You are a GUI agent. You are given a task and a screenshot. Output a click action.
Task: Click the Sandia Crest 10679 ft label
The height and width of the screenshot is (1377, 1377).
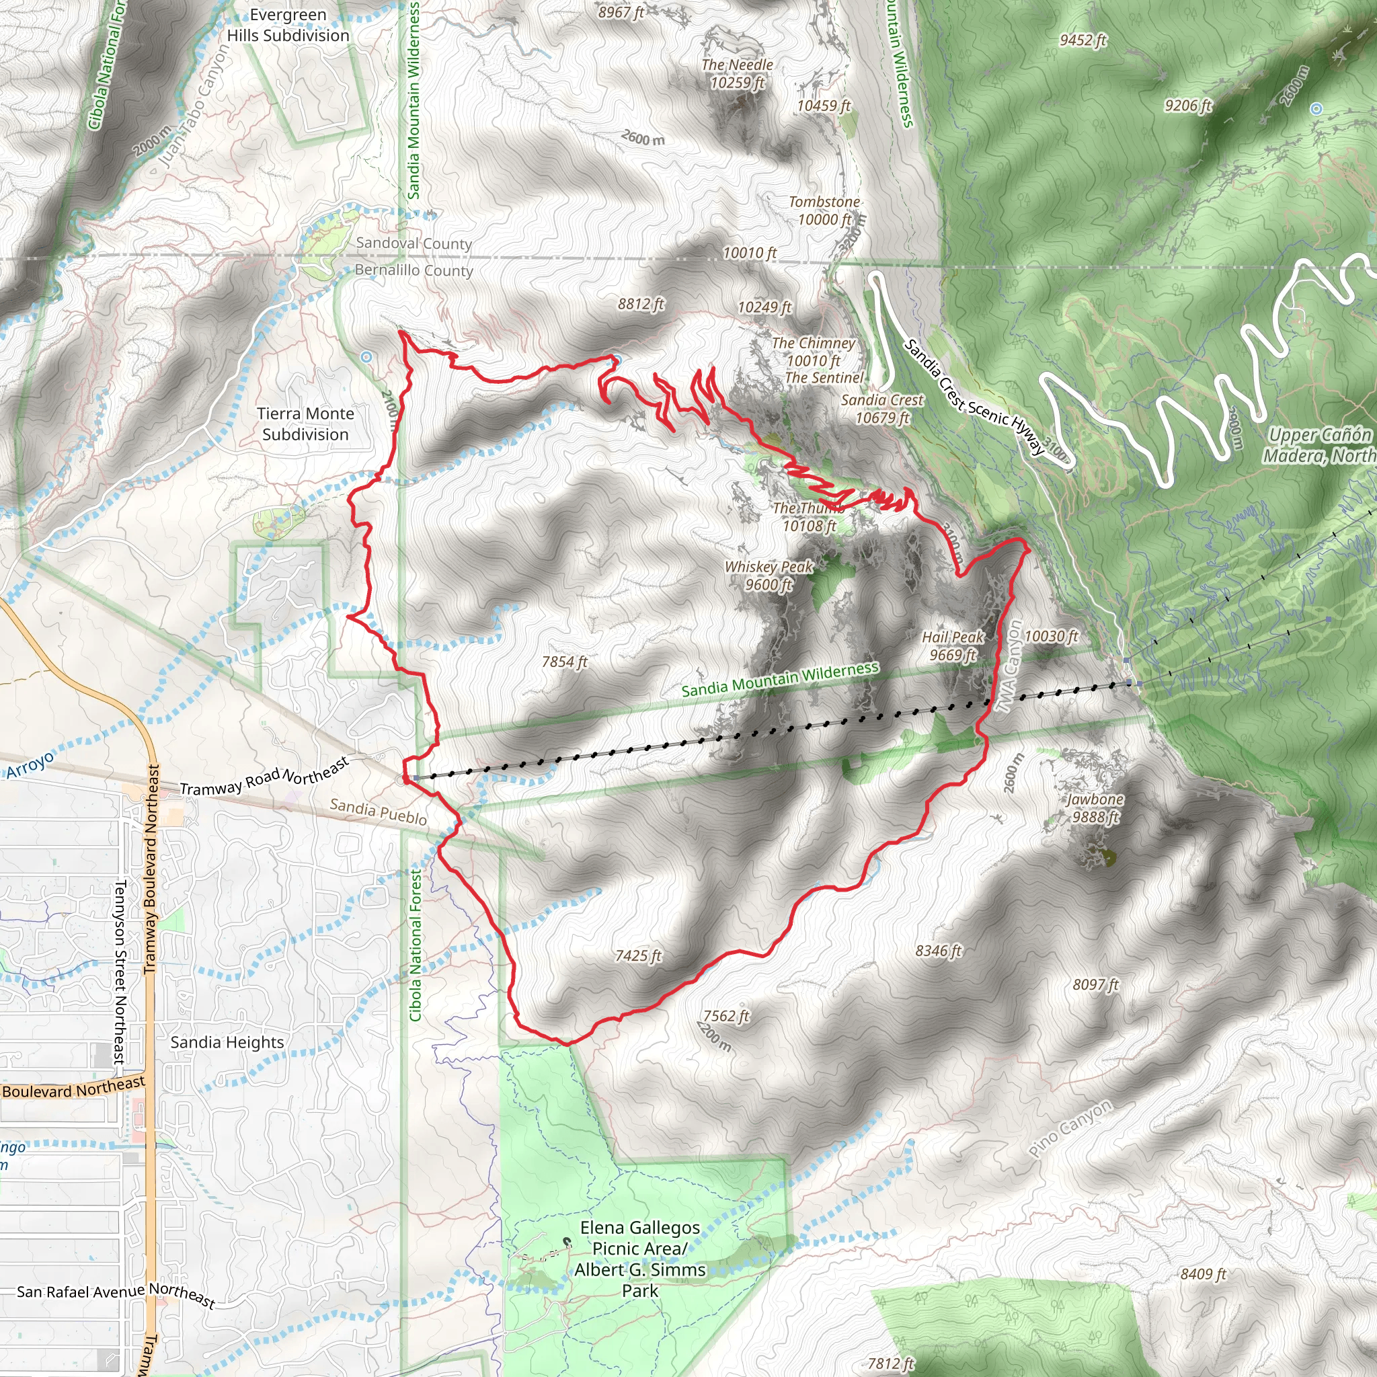click(x=881, y=409)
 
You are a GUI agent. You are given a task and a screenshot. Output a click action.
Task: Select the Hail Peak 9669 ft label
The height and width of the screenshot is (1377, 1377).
click(x=952, y=645)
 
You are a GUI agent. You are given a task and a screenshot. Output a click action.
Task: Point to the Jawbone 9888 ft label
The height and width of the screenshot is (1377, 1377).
click(x=1095, y=808)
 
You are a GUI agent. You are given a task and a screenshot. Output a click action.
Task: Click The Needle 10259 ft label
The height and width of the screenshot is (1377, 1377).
click(x=737, y=73)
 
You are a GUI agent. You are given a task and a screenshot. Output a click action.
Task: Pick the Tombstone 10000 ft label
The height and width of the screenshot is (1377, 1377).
click(x=824, y=210)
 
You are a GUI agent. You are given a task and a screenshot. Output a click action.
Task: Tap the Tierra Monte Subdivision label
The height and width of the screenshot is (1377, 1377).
click(x=305, y=424)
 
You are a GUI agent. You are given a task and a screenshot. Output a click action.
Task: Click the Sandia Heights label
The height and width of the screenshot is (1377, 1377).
click(x=227, y=1042)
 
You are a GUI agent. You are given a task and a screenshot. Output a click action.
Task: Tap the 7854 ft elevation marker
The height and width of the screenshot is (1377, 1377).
click(x=565, y=662)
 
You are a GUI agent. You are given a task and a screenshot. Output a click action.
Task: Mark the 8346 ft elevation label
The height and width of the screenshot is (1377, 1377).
click(x=938, y=951)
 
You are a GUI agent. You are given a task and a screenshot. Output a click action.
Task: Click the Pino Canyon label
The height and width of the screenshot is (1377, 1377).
click(x=1070, y=1128)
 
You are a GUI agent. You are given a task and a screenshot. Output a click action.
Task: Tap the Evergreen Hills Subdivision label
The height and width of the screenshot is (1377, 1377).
click(x=288, y=25)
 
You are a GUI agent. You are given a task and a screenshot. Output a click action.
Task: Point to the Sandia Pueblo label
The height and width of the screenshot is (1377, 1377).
click(x=378, y=812)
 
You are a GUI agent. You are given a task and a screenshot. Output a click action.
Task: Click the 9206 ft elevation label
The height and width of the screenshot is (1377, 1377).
click(x=1187, y=106)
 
